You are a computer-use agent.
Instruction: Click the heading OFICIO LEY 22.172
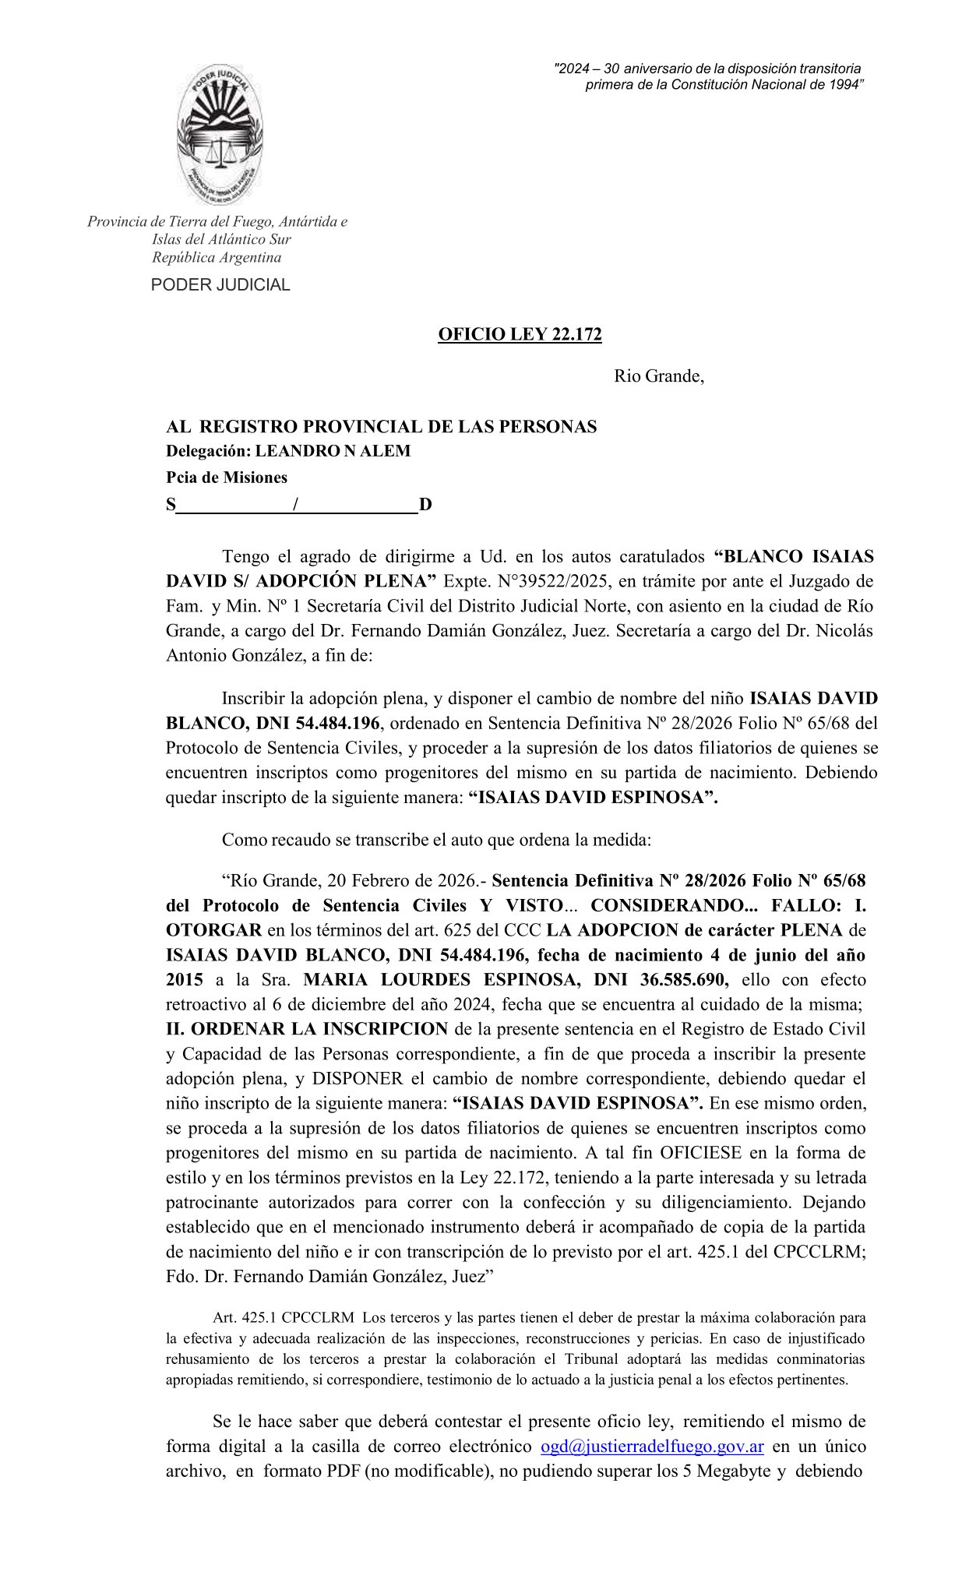point(520,334)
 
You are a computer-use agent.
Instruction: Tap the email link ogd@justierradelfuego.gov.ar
point(652,1447)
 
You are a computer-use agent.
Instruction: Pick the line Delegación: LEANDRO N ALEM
point(287,451)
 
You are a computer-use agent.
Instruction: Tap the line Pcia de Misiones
point(226,478)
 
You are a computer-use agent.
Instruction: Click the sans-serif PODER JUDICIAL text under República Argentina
point(220,285)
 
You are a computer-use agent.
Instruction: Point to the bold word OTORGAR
point(214,929)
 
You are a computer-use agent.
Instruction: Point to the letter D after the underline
point(425,505)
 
